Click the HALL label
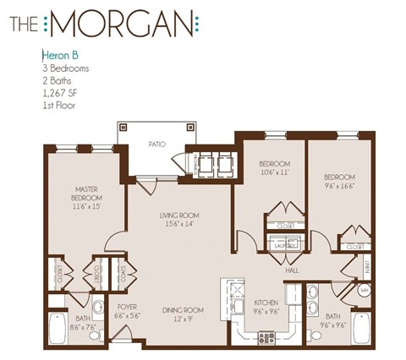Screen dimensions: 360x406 pos(294,271)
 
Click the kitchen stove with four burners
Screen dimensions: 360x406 pos(266,338)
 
